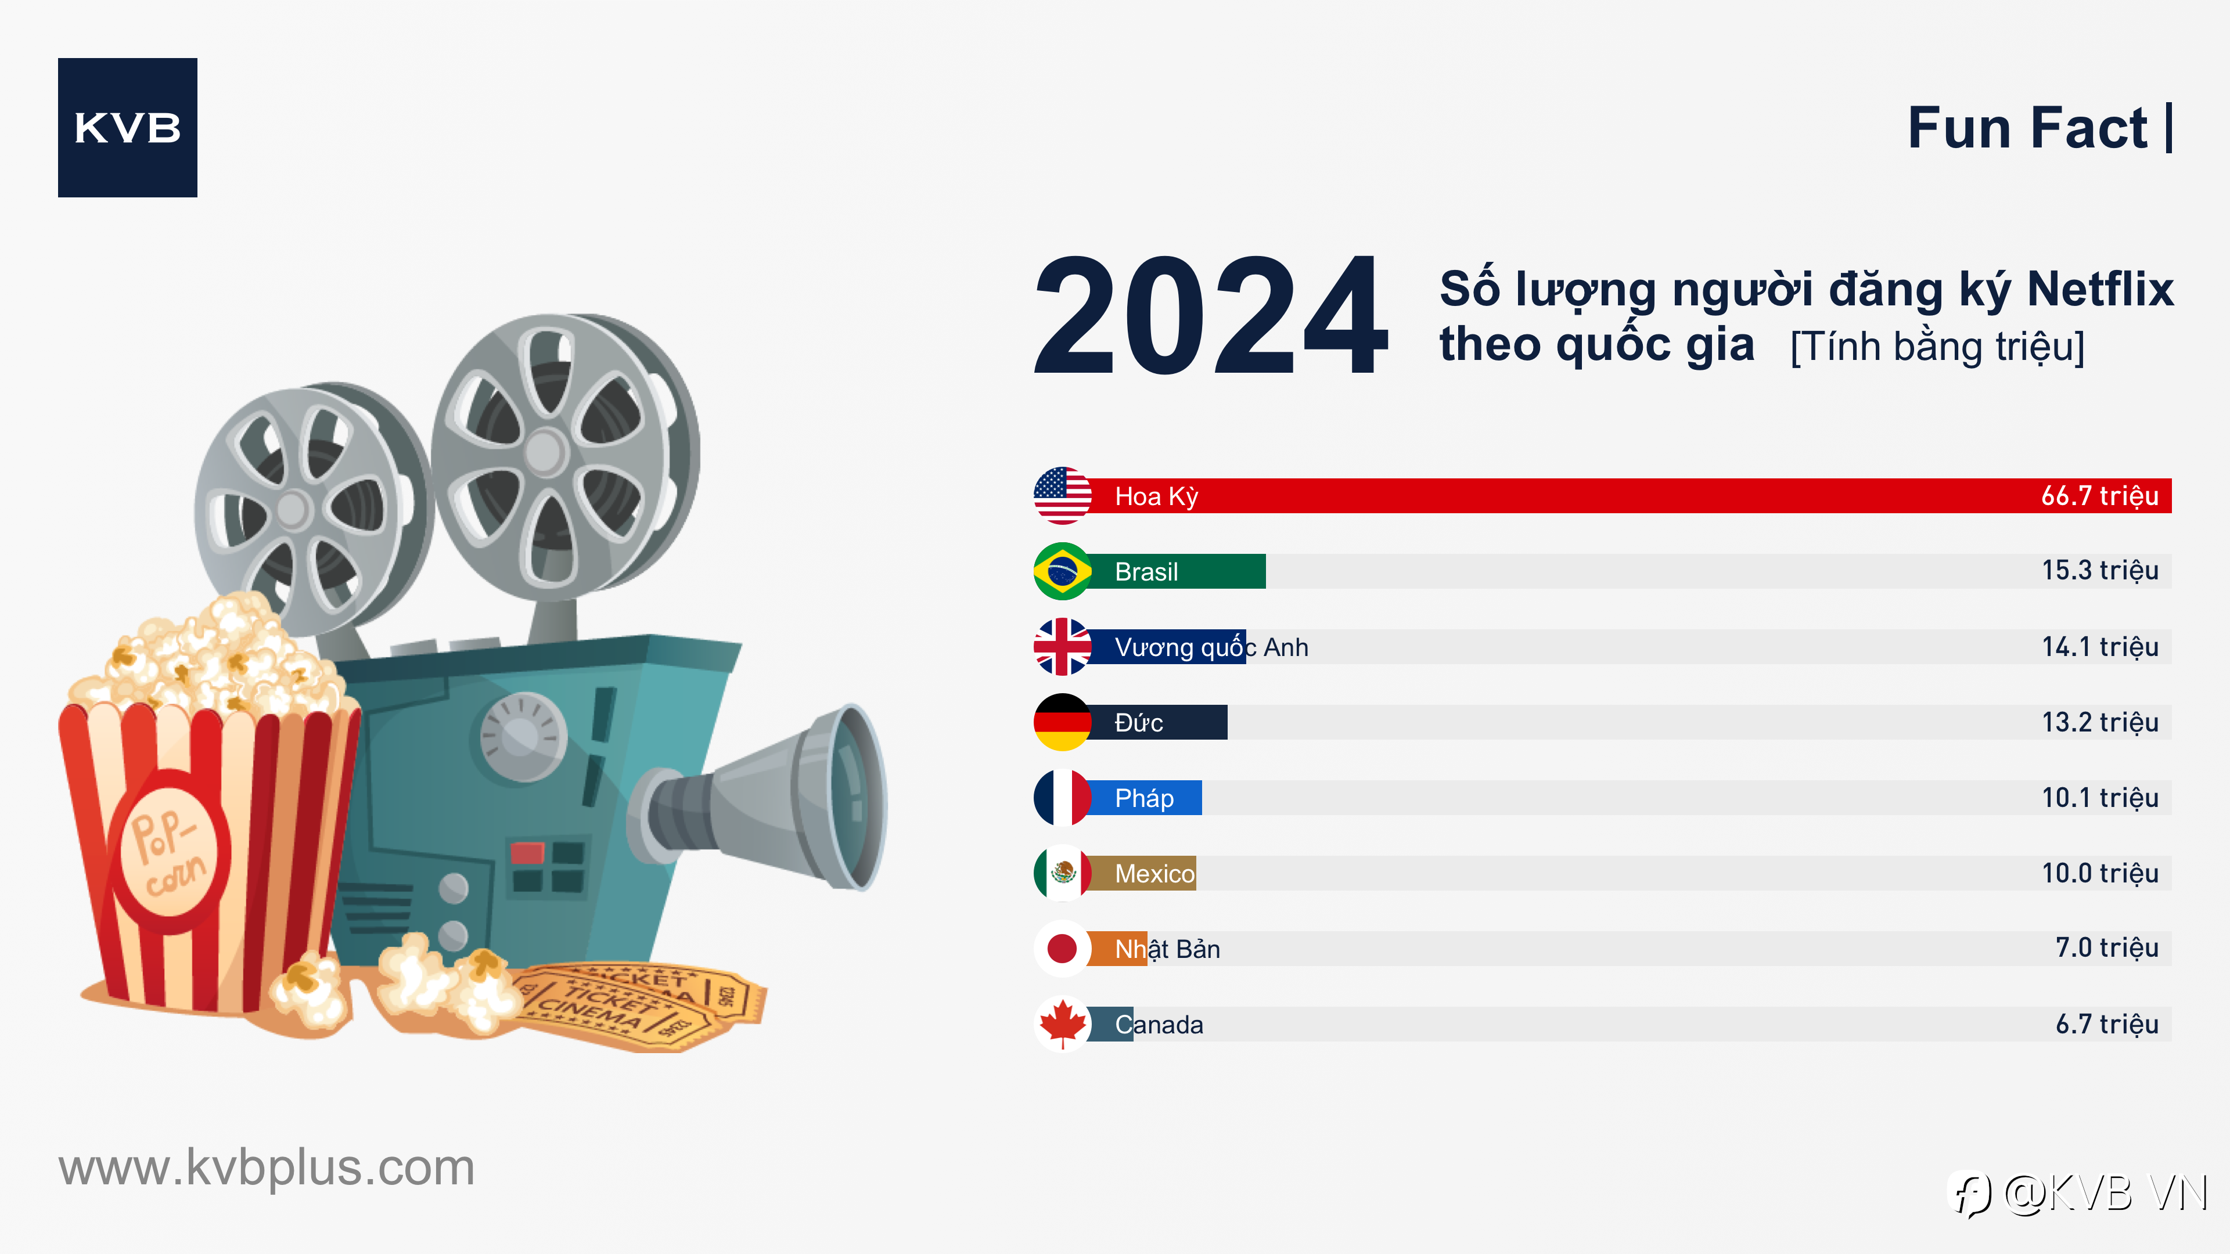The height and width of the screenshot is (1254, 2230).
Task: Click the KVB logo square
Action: click(x=127, y=127)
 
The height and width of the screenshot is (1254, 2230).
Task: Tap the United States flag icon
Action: click(x=1062, y=496)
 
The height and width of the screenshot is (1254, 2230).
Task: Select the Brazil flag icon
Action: click(x=1062, y=571)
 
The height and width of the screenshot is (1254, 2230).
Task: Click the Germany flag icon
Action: click(x=1062, y=722)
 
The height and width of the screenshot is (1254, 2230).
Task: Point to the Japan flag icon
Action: click(x=1062, y=949)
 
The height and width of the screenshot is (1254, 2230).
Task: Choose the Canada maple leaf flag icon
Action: click(x=1062, y=1024)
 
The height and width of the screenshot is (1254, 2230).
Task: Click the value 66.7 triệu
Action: click(x=2099, y=496)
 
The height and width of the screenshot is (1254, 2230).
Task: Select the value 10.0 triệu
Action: click(x=2099, y=873)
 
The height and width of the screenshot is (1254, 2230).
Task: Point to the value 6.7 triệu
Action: click(x=2106, y=1024)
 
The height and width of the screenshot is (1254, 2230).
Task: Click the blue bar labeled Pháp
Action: click(x=1145, y=798)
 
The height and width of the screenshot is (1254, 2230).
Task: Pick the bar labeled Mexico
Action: click(x=1142, y=873)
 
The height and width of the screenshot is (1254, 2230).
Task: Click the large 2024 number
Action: click(x=1211, y=316)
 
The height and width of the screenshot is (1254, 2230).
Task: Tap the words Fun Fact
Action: click(x=2027, y=128)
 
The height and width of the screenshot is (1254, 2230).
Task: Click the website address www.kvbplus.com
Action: click(x=267, y=1167)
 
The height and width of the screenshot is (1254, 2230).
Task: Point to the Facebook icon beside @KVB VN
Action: click(x=1970, y=1194)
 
